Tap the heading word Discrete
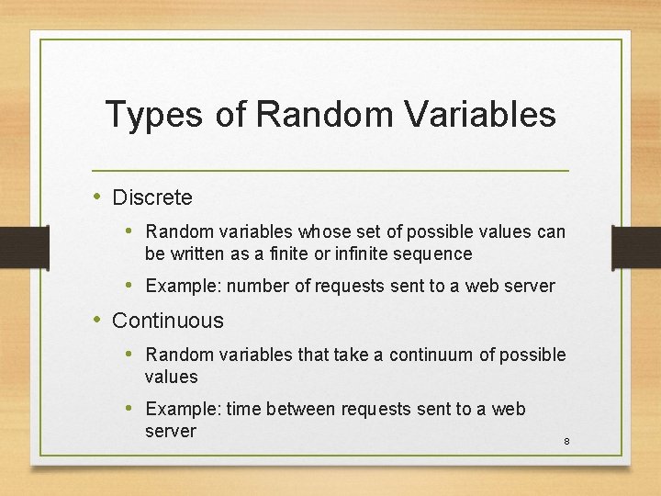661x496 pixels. click(151, 197)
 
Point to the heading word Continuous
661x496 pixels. click(167, 321)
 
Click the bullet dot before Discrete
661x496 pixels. click(98, 197)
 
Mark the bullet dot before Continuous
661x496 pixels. click(98, 321)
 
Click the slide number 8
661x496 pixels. click(566, 442)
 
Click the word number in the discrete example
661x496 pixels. click(258, 286)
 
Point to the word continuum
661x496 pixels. click(431, 355)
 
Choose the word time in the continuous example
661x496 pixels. click(243, 409)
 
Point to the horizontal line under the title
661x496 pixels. click(330, 172)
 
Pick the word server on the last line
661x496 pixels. click(171, 431)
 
